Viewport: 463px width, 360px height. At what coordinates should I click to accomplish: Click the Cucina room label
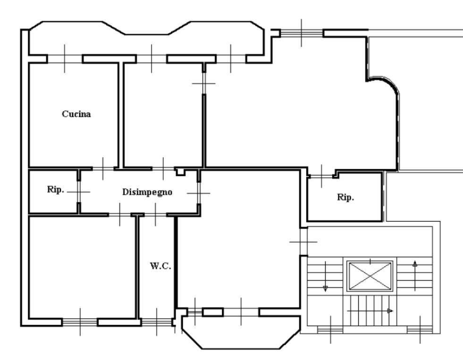click(76, 114)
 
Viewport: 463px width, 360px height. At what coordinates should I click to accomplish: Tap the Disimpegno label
click(147, 192)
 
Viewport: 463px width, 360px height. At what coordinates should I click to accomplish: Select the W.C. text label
click(160, 266)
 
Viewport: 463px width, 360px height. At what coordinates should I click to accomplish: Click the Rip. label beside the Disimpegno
click(55, 189)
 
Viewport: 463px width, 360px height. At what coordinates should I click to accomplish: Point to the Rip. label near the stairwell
click(345, 197)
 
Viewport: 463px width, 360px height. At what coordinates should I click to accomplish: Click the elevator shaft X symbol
click(370, 276)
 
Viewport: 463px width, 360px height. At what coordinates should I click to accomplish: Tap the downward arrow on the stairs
click(325, 277)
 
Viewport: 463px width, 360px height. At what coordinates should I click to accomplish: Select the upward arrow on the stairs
click(415, 276)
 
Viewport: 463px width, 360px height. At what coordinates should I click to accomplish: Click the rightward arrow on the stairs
click(370, 311)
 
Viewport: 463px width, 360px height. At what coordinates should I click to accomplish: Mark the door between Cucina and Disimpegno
click(103, 169)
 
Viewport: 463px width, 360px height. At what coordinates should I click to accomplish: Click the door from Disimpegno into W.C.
click(156, 214)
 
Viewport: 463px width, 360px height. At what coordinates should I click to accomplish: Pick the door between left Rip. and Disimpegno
click(79, 192)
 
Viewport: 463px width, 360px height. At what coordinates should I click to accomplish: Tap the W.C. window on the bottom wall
click(157, 322)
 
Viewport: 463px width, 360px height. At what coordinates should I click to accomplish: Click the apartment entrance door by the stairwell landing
click(303, 242)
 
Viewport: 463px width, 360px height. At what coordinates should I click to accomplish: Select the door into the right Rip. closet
click(321, 176)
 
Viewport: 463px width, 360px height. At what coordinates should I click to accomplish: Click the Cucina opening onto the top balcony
click(65, 59)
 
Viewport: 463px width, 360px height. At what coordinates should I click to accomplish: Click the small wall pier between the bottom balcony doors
click(213, 312)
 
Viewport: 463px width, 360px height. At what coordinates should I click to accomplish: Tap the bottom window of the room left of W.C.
click(80, 322)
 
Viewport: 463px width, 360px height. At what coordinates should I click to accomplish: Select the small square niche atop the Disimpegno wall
click(180, 172)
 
